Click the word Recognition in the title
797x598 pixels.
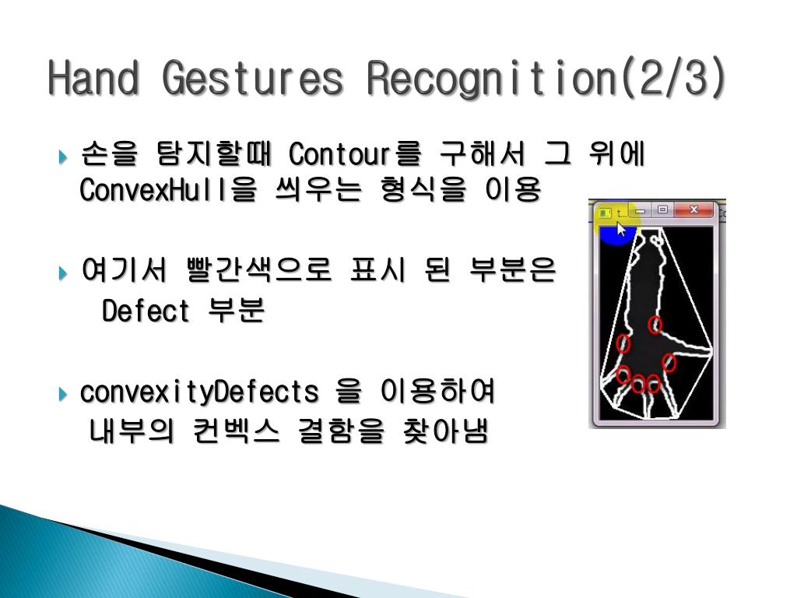(492, 79)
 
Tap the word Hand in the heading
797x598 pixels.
(93, 78)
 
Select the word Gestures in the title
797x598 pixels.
(253, 78)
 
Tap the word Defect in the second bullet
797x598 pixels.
(146, 310)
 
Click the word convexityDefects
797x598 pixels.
(199, 392)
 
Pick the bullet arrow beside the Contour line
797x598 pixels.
(63, 157)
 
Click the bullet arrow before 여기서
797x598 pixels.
(63, 273)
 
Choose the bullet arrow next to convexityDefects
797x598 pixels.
(63, 393)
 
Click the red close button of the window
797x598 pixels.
(693, 209)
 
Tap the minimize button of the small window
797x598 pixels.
(641, 210)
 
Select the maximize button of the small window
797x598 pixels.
(662, 209)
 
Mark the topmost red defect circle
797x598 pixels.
(655, 325)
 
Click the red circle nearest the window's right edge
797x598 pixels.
(669, 363)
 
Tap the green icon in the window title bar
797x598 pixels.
(605, 213)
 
